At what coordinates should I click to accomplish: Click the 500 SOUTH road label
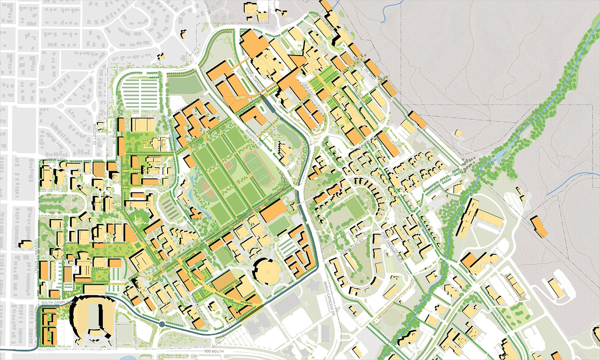pos(214,351)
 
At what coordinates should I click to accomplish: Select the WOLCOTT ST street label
pos(96,134)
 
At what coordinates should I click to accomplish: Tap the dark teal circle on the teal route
pos(162,324)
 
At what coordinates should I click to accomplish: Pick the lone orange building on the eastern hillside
pos(540,227)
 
